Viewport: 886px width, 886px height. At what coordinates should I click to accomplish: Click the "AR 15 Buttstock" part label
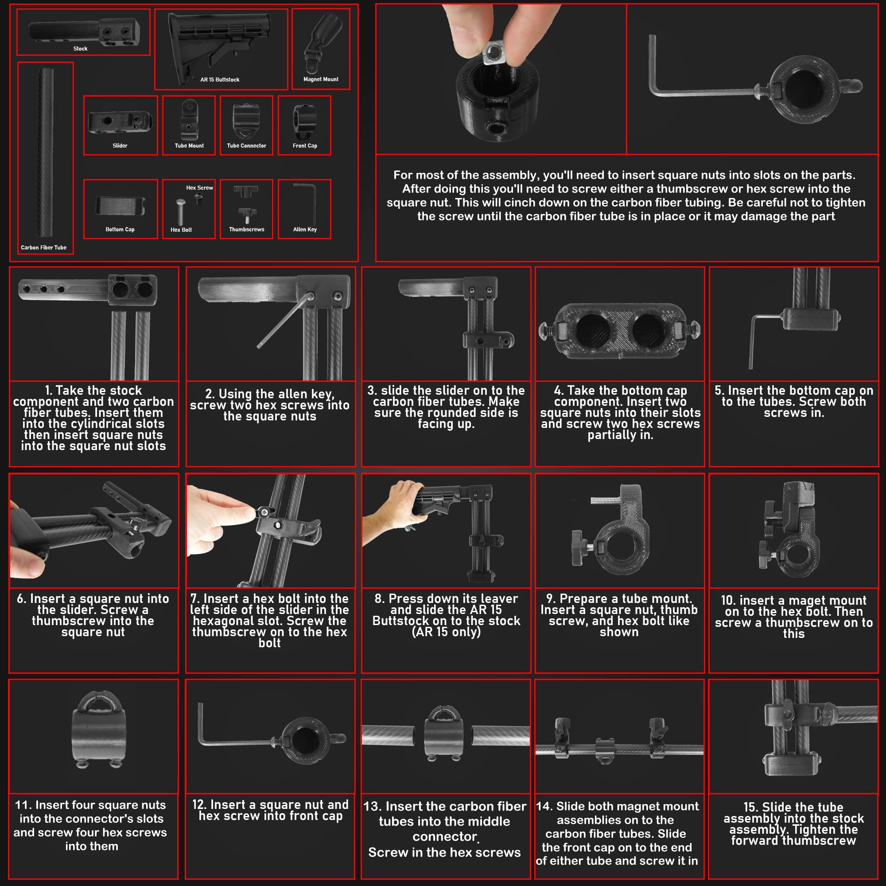point(220,80)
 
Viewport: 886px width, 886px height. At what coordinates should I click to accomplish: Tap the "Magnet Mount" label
point(321,79)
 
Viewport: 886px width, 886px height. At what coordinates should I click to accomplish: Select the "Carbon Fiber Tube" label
point(43,248)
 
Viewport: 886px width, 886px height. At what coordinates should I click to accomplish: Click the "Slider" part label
point(120,146)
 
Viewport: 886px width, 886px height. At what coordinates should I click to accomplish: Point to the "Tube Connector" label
point(246,146)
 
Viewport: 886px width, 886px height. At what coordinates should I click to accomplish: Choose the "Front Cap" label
point(305,146)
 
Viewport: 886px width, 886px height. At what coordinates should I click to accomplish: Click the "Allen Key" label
point(305,229)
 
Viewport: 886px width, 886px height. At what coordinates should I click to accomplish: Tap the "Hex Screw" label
point(199,188)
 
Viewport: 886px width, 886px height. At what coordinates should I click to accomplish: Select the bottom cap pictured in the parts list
point(120,206)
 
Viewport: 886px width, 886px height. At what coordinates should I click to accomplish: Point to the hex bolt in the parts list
point(181,211)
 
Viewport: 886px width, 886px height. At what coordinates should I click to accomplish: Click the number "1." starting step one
point(49,391)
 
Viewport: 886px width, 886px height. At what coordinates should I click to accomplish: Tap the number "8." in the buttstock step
point(379,599)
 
